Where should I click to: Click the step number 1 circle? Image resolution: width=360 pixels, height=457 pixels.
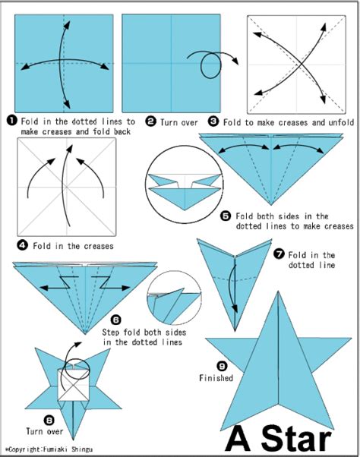[x=12, y=121]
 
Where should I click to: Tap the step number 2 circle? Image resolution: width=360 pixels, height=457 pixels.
[x=150, y=121]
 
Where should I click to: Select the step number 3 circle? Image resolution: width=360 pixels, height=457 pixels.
[x=213, y=121]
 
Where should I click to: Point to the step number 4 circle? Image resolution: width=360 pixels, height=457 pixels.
[x=23, y=245]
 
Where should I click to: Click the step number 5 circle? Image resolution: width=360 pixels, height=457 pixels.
[x=226, y=216]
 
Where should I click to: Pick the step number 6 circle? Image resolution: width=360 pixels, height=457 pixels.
[x=115, y=320]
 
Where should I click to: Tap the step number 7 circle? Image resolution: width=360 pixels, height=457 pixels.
[x=279, y=254]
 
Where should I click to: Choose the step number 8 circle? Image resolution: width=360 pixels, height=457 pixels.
[x=49, y=420]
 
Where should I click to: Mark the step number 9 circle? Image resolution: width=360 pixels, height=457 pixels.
[x=222, y=365]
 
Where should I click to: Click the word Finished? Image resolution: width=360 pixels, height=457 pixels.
[x=216, y=378]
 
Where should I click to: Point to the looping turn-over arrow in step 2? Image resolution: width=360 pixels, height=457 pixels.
[x=210, y=65]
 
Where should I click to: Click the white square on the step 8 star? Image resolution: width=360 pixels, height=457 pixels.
[x=73, y=384]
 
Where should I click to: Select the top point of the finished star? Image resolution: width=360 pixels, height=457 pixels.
[x=278, y=292]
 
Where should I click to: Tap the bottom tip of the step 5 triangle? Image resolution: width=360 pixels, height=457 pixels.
[x=271, y=205]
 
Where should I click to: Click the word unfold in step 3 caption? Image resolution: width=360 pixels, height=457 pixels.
[x=341, y=122]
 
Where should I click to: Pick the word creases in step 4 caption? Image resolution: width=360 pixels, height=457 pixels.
[x=98, y=246]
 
